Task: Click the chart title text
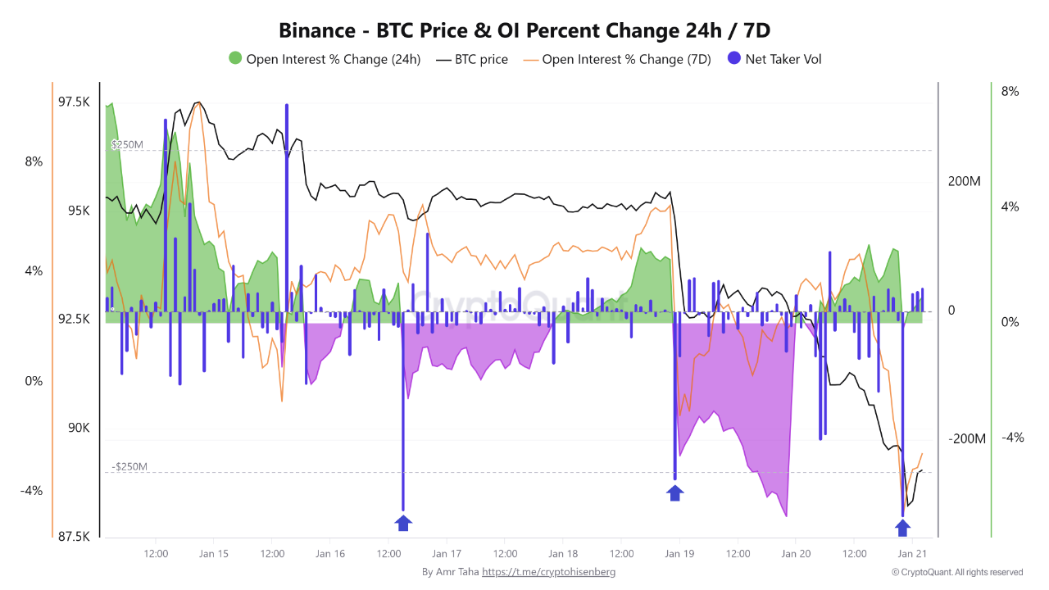coord(524,30)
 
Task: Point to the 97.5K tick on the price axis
coord(74,102)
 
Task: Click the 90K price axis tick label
coord(79,428)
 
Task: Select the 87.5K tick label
coord(74,537)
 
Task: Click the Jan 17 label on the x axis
coord(446,554)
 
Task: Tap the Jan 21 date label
coord(912,554)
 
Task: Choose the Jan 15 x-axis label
coord(213,554)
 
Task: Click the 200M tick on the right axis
coord(964,181)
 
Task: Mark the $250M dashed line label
coord(127,145)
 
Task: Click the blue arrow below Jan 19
coord(674,492)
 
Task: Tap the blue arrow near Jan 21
coord(902,528)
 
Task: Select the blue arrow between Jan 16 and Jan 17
coord(403,524)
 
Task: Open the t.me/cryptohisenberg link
coord(548,572)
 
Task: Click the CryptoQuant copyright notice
coord(957,572)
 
